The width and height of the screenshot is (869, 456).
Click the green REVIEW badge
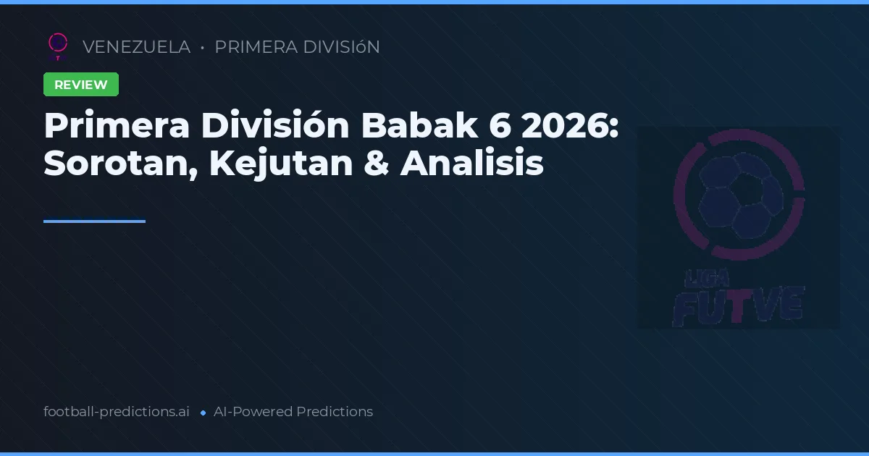pos(81,85)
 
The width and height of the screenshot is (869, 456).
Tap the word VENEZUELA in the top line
pos(136,47)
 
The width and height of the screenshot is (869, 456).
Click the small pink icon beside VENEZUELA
pos(58,46)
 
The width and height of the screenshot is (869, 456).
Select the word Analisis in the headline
pos(472,164)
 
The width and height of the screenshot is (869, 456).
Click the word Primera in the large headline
pos(116,126)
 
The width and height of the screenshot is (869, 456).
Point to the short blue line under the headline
pos(94,221)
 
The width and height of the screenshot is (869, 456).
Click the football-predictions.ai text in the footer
pos(117,412)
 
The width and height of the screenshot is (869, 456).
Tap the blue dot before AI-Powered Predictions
pos(203,413)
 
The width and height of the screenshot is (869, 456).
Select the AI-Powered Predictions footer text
pos(293,412)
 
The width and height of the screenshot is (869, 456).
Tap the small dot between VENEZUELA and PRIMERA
pos(202,48)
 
